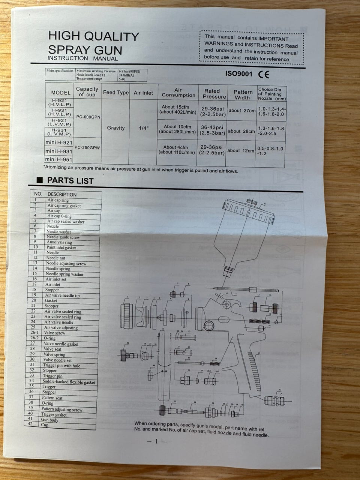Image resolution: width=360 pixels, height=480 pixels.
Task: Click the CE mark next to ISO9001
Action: [264, 74]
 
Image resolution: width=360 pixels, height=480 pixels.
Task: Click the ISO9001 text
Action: [238, 73]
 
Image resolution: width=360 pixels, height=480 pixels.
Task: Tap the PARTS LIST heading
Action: [70, 181]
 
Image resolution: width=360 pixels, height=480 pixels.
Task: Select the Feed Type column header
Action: [116, 93]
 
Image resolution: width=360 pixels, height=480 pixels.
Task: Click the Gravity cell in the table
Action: [116, 128]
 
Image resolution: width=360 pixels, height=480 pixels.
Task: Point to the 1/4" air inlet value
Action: [144, 128]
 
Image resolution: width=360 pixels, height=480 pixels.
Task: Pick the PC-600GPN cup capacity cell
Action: [88, 117]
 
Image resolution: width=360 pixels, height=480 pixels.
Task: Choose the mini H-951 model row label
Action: [58, 159]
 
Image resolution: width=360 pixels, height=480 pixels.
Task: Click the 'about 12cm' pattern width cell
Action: [241, 150]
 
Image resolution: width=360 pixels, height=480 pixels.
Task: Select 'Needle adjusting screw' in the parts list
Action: [66, 264]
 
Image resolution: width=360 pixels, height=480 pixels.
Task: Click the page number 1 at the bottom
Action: [157, 441]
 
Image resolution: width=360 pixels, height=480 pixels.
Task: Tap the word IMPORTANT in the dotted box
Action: [273, 38]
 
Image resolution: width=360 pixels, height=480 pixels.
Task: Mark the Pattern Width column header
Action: [243, 94]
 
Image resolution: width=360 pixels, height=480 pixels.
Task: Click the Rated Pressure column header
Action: [212, 93]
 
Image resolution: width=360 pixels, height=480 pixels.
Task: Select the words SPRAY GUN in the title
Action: [85, 49]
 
